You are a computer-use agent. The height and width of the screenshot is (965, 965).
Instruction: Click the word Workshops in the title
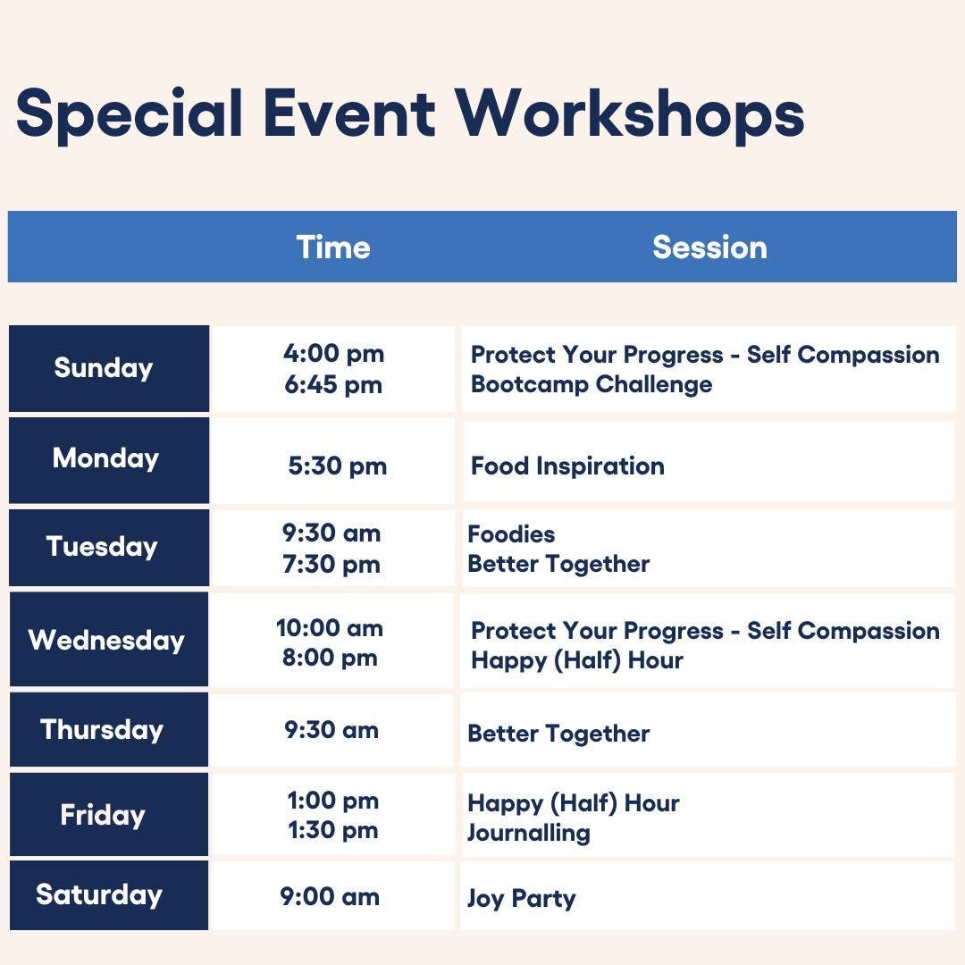[x=630, y=115]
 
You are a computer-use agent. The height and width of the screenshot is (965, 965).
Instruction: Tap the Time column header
[x=333, y=248]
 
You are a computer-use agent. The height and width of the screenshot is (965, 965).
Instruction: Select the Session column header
[x=709, y=248]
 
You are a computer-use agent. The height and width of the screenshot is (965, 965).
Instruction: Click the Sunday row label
[x=104, y=369]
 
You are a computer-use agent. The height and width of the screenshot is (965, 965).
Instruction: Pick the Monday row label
[x=105, y=459]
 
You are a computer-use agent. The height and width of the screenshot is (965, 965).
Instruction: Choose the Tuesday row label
[x=102, y=547]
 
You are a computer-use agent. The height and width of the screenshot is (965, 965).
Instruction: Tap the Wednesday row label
[x=106, y=641]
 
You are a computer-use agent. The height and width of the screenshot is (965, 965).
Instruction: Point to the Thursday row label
[x=102, y=731]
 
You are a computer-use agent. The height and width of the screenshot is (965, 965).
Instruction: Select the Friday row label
[x=103, y=816]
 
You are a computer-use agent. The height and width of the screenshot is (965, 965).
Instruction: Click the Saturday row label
[x=99, y=894]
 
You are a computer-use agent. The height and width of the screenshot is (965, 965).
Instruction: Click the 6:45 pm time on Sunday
[x=333, y=386]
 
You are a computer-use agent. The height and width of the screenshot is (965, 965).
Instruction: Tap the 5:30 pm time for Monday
[x=337, y=466]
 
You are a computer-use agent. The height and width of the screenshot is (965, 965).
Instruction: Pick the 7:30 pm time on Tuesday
[x=331, y=565]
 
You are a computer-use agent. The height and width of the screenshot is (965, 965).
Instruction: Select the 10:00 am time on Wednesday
[x=330, y=628]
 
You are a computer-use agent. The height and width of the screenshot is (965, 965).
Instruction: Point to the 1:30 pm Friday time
[x=333, y=830]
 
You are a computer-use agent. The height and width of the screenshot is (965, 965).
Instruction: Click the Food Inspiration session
[x=567, y=466]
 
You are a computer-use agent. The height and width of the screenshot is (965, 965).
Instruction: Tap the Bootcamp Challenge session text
[x=592, y=384]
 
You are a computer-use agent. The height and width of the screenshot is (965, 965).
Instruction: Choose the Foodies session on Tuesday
[x=511, y=534]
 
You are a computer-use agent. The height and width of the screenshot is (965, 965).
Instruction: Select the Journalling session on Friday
[x=529, y=834]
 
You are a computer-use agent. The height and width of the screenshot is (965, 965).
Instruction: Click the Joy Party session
[x=522, y=899]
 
